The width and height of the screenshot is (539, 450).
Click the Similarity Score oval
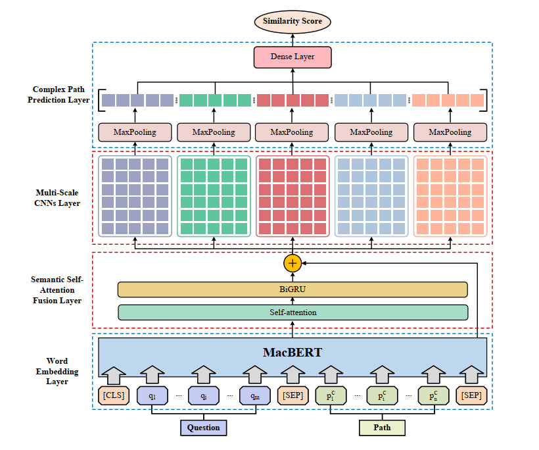pos(293,22)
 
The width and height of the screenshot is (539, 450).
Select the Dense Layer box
pos(293,57)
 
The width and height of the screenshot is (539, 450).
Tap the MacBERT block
pos(293,353)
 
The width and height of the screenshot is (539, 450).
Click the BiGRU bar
pos(293,289)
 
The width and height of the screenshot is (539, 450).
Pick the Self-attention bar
pos(293,312)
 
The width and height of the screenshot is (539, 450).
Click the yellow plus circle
pos(293,263)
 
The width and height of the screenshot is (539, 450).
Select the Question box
pos(204,428)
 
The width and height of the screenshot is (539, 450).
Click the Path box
pos(382,428)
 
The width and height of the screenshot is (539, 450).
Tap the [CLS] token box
pos(113,396)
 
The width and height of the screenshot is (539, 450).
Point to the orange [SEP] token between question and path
pos(292,396)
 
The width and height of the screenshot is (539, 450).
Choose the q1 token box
pos(152,396)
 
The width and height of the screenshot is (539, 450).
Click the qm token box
pos(254,396)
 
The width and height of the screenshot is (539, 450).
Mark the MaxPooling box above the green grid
pos(214,132)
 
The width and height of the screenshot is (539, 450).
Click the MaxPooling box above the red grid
pos(293,132)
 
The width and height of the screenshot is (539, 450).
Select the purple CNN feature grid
pos(135,195)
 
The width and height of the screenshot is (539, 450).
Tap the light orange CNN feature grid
pos(450,195)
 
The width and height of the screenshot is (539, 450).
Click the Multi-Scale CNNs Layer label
pos(59,198)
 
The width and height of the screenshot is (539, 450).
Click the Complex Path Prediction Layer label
pos(61,95)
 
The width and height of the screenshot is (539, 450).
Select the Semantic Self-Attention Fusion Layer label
pos(57,289)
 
